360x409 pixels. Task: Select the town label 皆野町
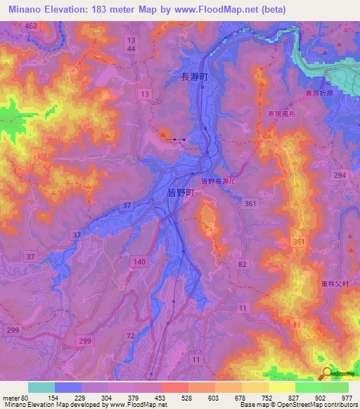click(x=181, y=191)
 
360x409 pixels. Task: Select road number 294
click(x=340, y=174)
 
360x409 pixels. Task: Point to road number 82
click(x=243, y=263)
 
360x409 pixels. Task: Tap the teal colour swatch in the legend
click(x=41, y=387)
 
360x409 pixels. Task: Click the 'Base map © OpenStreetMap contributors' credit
click(x=298, y=405)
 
